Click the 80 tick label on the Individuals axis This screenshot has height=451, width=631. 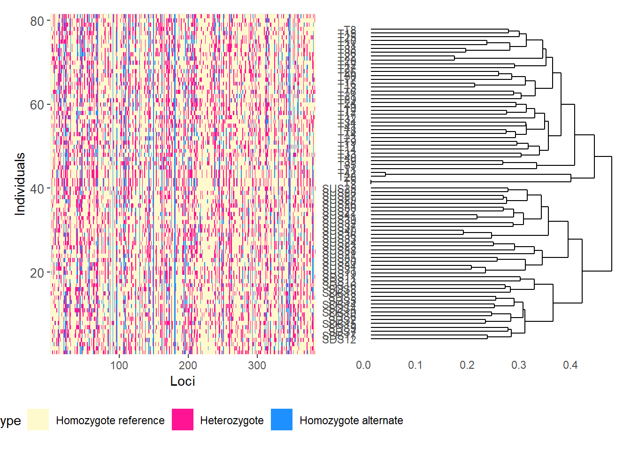pos(37,21)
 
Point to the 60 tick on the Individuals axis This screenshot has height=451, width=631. pos(37,105)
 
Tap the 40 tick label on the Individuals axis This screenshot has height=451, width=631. pos(37,189)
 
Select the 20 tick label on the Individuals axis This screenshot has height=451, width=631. pos(37,273)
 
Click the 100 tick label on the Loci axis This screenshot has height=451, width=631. pos(119,365)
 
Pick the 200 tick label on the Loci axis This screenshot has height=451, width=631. pos(188,365)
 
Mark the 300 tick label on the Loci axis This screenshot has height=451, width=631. pos(257,365)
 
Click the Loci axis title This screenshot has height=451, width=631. pos(183,381)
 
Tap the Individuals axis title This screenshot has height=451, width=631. pos(20,184)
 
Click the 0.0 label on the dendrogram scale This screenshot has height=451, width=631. pos(363,365)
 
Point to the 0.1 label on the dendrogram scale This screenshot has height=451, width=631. pos(415,365)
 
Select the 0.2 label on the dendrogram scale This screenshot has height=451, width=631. pos(467,365)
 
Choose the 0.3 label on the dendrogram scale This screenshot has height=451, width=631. pos(519,365)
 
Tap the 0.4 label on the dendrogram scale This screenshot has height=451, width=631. pos(570,365)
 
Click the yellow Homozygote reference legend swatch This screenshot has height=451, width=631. pos(38,420)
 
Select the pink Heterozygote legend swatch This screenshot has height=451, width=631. pos(183,420)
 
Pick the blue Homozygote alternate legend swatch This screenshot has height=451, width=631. pos(282,420)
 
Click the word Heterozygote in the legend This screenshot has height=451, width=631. pos(232,420)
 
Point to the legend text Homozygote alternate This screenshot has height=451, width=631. pos(351,420)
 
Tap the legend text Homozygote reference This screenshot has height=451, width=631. pos(110,420)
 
